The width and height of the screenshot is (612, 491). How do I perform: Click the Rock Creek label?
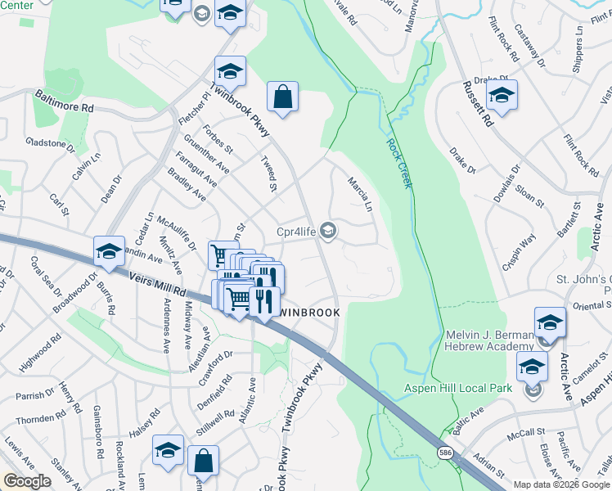[398, 163]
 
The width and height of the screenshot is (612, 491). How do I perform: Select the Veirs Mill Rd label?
[156, 284]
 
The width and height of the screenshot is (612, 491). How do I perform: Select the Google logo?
[27, 481]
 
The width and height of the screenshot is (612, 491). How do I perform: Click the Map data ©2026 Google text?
[562, 484]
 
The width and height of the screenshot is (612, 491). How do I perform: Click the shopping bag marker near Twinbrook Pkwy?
[282, 97]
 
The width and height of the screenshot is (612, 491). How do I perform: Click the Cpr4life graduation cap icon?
[329, 231]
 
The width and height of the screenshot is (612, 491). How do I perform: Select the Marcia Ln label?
[359, 195]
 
